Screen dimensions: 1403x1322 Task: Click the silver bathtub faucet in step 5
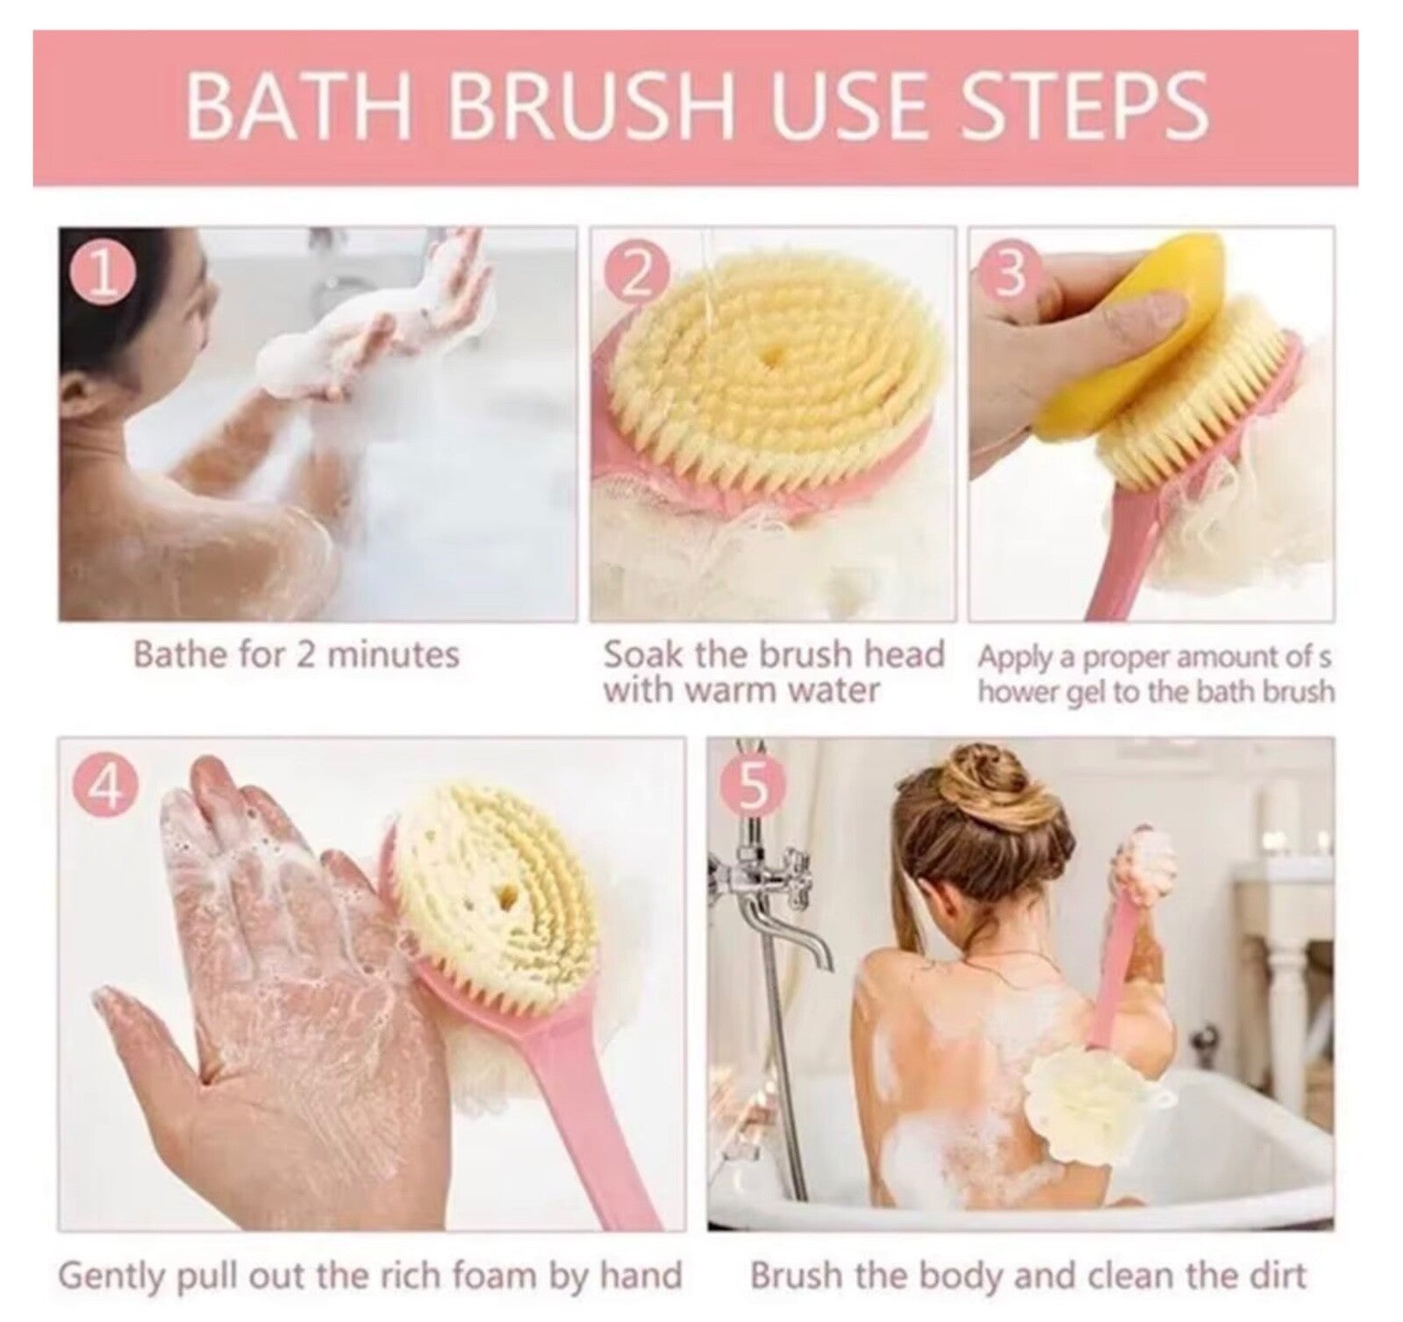[772, 904]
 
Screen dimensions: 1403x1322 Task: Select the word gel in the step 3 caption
[1086, 693]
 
